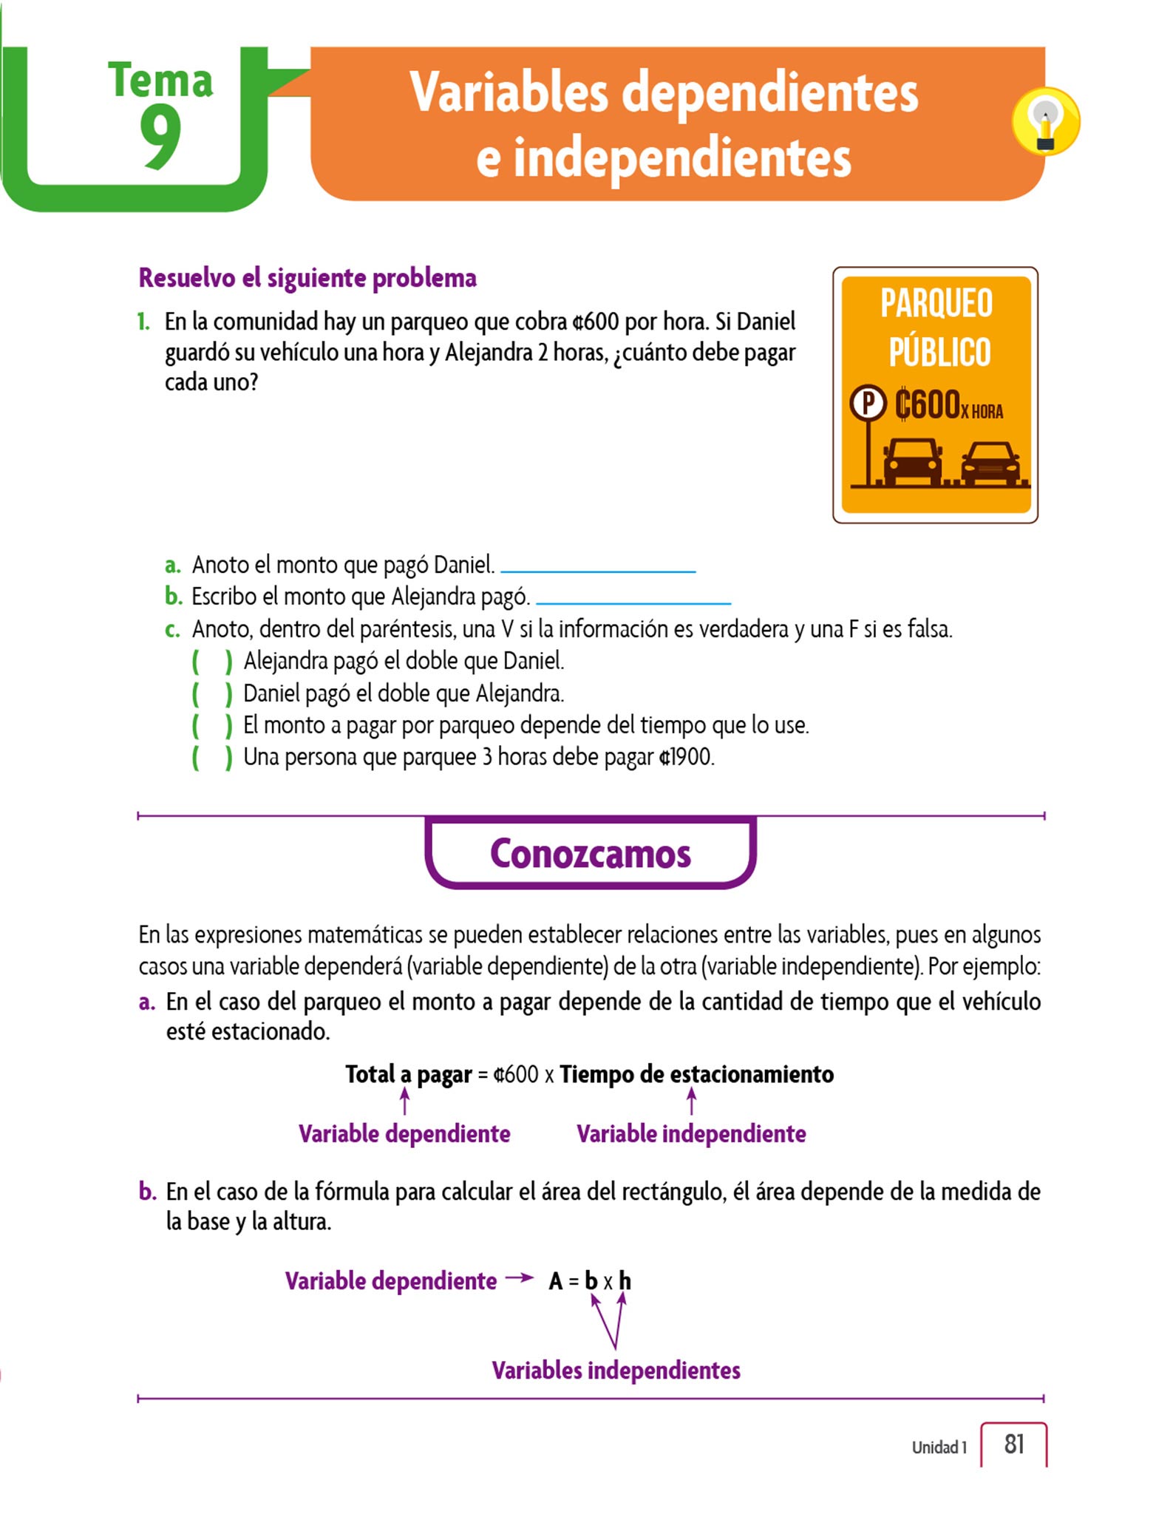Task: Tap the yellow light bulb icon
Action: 1045,122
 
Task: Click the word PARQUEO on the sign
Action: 936,303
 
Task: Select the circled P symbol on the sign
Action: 868,404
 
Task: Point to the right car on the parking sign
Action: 990,464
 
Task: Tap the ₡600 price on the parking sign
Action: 927,404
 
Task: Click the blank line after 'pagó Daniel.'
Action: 598,570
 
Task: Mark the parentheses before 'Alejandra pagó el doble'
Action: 212,661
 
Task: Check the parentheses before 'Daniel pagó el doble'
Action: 212,693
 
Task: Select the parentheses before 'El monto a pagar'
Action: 212,725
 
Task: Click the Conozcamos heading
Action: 590,854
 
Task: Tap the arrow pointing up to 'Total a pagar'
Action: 404,1101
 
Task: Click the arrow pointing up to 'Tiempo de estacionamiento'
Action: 691,1101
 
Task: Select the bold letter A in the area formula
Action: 556,1281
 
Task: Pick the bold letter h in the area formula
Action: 625,1280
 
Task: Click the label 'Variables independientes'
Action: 616,1370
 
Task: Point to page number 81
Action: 1013,1444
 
